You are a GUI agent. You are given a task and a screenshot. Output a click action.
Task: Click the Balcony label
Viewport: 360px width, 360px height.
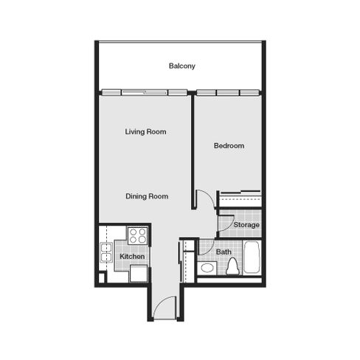(182, 66)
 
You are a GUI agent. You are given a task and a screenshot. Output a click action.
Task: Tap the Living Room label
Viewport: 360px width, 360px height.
(145, 132)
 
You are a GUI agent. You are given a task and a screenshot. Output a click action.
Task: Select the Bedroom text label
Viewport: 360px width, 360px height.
(229, 145)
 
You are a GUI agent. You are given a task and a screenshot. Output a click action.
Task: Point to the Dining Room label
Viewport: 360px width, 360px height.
(147, 196)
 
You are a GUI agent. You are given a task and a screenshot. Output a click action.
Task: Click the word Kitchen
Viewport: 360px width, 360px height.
(132, 257)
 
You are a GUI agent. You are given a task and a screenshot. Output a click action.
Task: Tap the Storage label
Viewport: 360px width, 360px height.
(246, 225)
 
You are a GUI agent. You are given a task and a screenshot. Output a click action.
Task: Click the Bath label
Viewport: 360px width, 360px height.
(224, 252)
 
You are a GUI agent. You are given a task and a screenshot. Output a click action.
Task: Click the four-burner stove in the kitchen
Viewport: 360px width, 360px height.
(138, 235)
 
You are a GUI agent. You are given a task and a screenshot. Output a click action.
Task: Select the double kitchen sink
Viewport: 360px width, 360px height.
(106, 252)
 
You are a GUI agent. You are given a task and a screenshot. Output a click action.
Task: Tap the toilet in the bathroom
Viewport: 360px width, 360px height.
(232, 266)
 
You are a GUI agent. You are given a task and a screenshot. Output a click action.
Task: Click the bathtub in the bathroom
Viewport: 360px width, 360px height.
(252, 257)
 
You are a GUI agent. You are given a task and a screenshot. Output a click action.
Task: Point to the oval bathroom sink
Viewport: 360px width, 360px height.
(207, 268)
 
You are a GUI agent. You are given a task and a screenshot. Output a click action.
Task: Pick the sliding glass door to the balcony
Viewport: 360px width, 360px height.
(145, 93)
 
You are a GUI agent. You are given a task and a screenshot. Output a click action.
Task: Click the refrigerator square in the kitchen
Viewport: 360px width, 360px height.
(139, 274)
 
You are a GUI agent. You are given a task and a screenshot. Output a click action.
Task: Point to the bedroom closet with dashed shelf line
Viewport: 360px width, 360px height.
(240, 199)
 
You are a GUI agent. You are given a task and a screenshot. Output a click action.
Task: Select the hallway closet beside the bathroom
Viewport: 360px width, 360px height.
(188, 261)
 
